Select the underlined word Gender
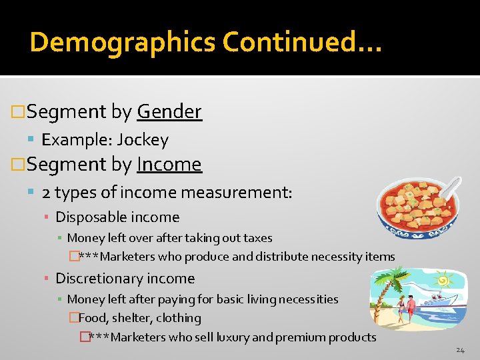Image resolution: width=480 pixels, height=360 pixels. pyautogui.click(x=169, y=111)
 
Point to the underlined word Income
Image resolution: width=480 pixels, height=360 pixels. pyautogui.click(x=169, y=164)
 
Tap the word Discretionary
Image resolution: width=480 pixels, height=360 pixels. pyautogui.click(x=95, y=279)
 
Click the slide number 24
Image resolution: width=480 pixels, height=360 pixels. pyautogui.click(x=461, y=350)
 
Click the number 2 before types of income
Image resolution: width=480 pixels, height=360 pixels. pyautogui.click(x=45, y=193)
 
